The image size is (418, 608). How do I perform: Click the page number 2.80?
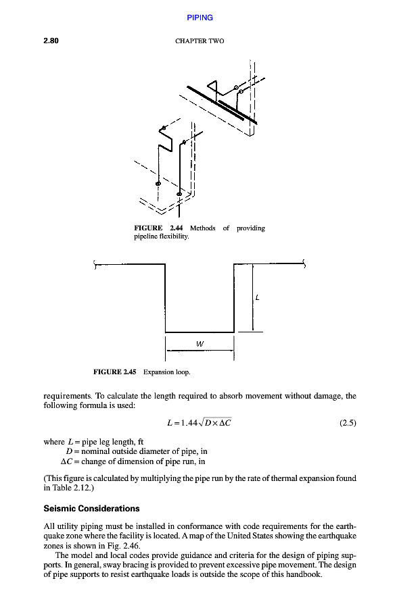tap(51, 41)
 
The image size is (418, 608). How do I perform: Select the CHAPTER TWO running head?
tap(200, 41)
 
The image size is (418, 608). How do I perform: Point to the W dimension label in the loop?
tap(200, 343)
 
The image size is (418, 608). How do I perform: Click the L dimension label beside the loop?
tap(258, 297)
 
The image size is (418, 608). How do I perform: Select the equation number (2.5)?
tap(347, 424)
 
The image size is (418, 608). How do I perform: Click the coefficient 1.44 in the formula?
tap(186, 424)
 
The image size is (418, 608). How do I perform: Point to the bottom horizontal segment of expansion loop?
tap(200, 332)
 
